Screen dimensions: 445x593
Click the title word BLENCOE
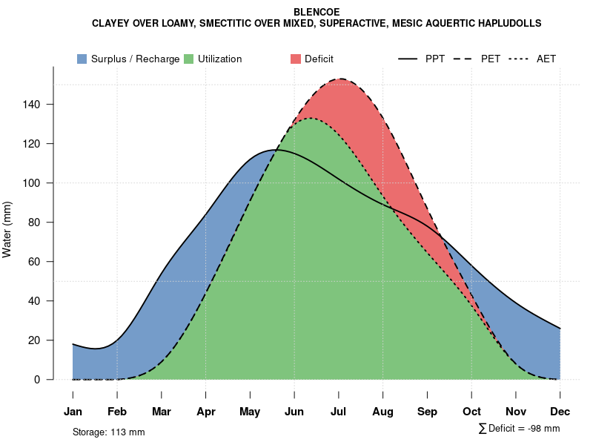click(317, 12)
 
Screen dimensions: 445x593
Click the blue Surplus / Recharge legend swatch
click(82, 59)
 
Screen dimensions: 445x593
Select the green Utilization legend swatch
click(188, 59)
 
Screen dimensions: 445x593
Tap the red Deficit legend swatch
click(295, 59)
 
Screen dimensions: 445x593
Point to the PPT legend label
click(435, 59)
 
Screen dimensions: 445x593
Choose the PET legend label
click(491, 59)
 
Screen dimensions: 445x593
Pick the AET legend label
click(546, 59)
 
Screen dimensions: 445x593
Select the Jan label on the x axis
click(73, 412)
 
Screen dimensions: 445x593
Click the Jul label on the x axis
click(339, 412)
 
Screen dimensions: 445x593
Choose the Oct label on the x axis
click(471, 412)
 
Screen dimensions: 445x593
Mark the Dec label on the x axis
click(560, 412)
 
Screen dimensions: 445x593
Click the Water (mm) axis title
click(7, 229)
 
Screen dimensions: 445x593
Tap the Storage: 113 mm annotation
click(108, 432)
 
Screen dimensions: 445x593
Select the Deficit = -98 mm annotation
click(524, 428)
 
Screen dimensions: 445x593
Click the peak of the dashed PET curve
click(340, 79)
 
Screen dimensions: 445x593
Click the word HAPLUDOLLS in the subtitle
click(510, 23)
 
